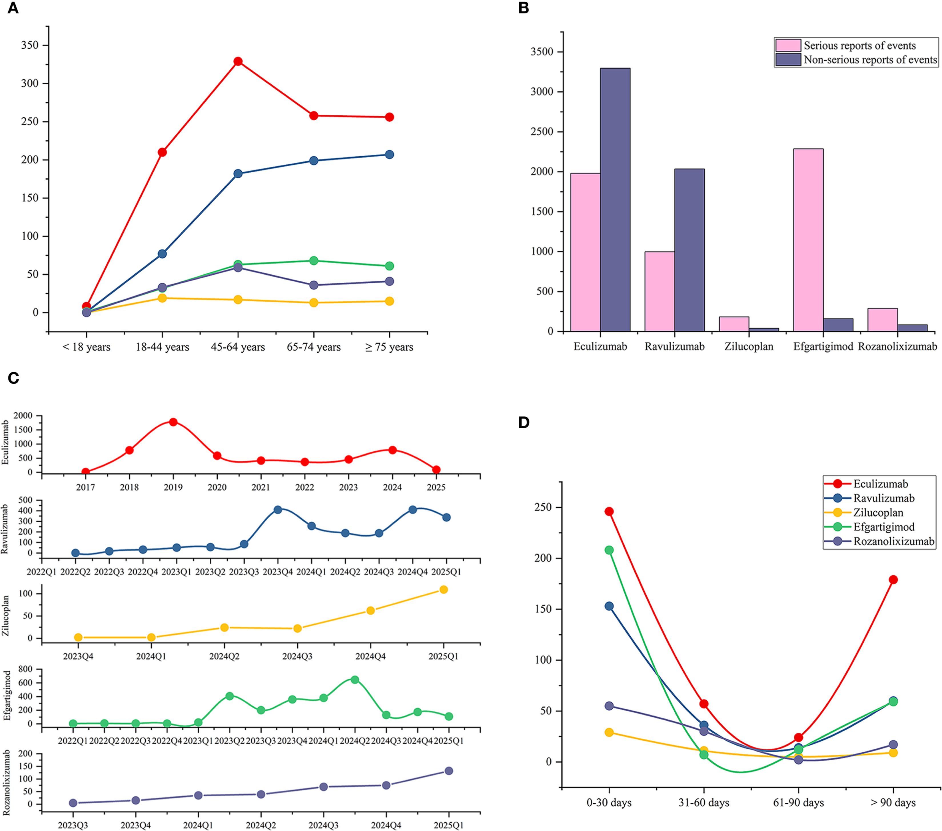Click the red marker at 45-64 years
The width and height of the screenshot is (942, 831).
click(238, 61)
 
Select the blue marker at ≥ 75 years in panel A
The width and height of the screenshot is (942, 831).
click(389, 154)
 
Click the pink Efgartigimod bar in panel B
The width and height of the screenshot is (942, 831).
click(808, 240)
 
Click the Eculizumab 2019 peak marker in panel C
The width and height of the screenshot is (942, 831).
click(173, 422)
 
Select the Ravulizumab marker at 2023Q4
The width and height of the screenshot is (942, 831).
click(278, 510)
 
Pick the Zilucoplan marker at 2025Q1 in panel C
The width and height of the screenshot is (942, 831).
click(443, 589)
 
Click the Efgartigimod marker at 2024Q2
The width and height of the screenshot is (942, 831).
click(355, 679)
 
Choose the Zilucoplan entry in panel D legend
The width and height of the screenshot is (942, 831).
click(878, 512)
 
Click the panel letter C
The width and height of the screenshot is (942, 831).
click(13, 378)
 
